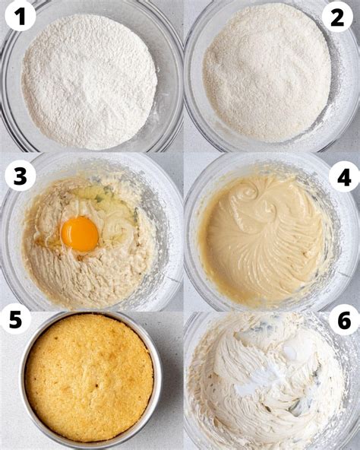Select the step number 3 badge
[x=20, y=176]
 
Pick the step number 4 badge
[x=343, y=176]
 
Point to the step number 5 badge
[x=15, y=320]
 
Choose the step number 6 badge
[x=343, y=320]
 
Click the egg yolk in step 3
[x=80, y=233]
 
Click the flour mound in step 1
[x=89, y=80]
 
